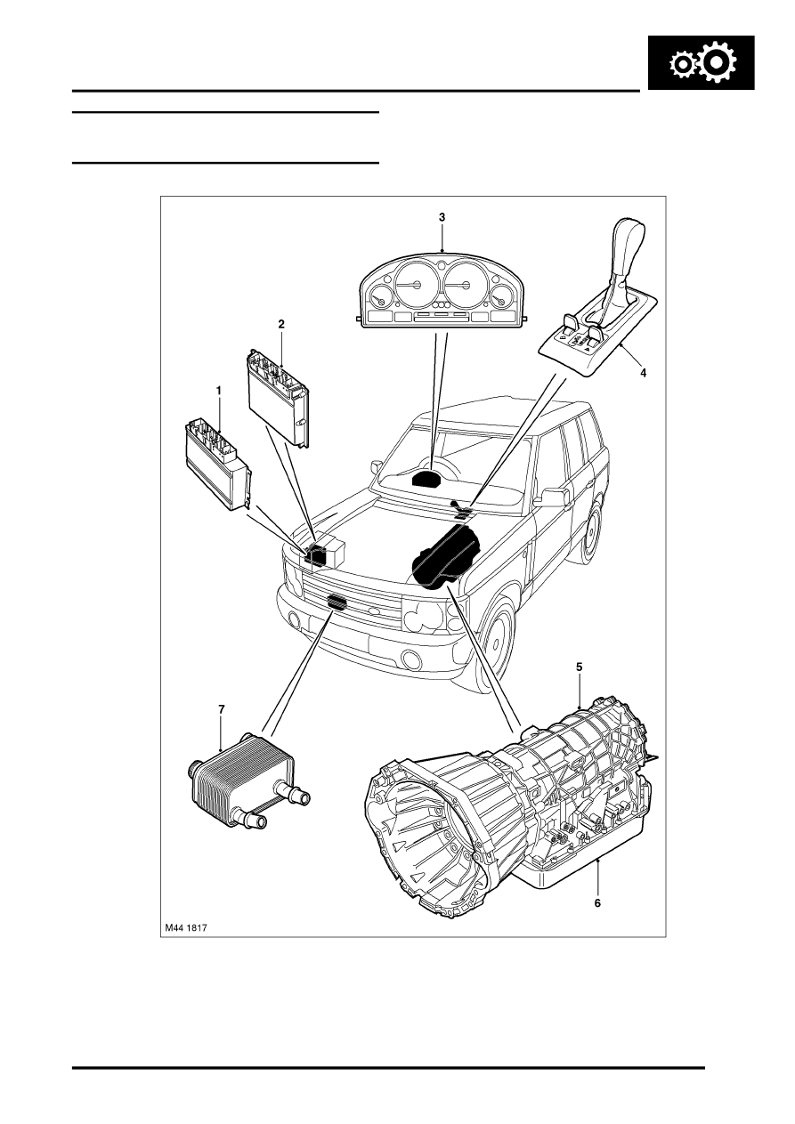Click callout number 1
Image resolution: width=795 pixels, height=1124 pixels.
218,390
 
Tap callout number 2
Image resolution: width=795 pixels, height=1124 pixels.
281,324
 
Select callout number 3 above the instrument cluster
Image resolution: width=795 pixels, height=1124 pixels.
442,217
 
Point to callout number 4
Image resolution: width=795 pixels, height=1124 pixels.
643,372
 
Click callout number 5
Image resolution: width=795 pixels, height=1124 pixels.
579,667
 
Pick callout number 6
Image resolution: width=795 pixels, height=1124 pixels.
597,902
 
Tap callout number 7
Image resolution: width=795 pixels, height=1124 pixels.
222,709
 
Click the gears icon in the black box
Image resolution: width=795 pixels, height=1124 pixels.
702,62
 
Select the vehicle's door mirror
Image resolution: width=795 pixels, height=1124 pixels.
553,497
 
